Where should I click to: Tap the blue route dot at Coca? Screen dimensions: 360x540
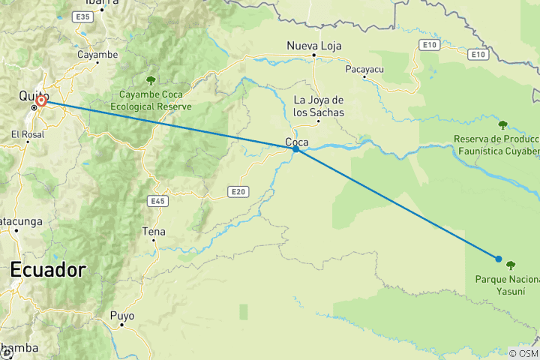pyautogui.click(x=296, y=149)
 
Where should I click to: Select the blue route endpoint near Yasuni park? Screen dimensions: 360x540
pyautogui.click(x=499, y=259)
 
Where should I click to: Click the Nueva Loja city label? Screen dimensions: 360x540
pyautogui.click(x=314, y=46)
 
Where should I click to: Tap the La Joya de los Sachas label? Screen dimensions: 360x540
pyautogui.click(x=318, y=106)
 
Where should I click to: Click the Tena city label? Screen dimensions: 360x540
pyautogui.click(x=154, y=232)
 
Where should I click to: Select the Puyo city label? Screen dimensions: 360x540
pyautogui.click(x=122, y=316)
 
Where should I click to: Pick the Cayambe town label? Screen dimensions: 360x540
pyautogui.click(x=97, y=55)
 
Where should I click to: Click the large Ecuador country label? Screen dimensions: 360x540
pyautogui.click(x=48, y=269)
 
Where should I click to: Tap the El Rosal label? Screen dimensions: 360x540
pyautogui.click(x=28, y=134)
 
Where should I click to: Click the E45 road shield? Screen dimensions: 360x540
pyautogui.click(x=157, y=201)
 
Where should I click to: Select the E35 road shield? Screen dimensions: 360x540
pyautogui.click(x=83, y=16)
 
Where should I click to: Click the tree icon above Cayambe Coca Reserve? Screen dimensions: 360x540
pyautogui.click(x=151, y=80)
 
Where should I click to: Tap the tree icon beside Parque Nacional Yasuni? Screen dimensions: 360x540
pyautogui.click(x=511, y=265)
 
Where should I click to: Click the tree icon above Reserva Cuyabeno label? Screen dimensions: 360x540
pyautogui.click(x=502, y=124)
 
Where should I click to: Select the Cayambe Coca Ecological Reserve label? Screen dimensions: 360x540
pyautogui.click(x=153, y=100)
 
